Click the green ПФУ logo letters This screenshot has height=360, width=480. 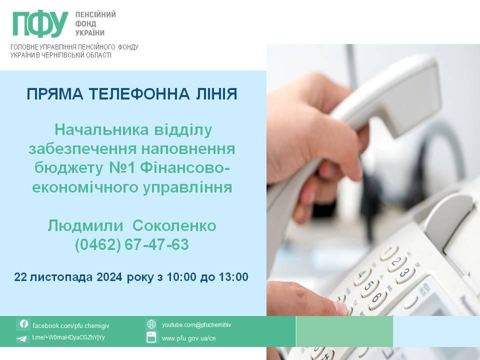click(40, 24)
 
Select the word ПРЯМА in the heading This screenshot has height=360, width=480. click(55, 93)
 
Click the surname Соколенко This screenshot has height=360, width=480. click(174, 225)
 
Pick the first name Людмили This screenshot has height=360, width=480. click(85, 226)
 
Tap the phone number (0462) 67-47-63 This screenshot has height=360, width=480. click(132, 244)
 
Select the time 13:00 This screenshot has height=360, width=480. click(233, 276)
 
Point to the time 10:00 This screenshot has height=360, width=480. click(181, 276)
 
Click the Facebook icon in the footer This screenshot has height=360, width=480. click(24, 324)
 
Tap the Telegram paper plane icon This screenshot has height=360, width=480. click(22, 338)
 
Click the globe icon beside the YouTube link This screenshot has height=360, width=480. click(151, 324)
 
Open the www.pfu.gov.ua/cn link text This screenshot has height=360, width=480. click(188, 338)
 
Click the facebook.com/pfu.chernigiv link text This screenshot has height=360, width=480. click(70, 325)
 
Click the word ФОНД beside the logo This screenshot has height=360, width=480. click(85, 23)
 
